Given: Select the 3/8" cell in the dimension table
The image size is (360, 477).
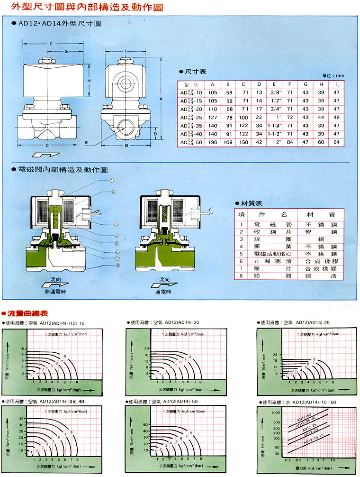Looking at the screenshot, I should [x=274, y=92].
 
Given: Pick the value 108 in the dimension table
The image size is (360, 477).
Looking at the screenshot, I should [x=228, y=142].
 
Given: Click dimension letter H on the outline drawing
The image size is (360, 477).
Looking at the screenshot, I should [x=89, y=81].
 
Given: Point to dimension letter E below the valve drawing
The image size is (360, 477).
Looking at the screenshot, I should [x=86, y=142].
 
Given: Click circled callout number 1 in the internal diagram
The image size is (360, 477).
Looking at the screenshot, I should [x=112, y=181].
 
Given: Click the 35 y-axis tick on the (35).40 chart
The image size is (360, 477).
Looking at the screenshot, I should [x=20, y=419].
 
